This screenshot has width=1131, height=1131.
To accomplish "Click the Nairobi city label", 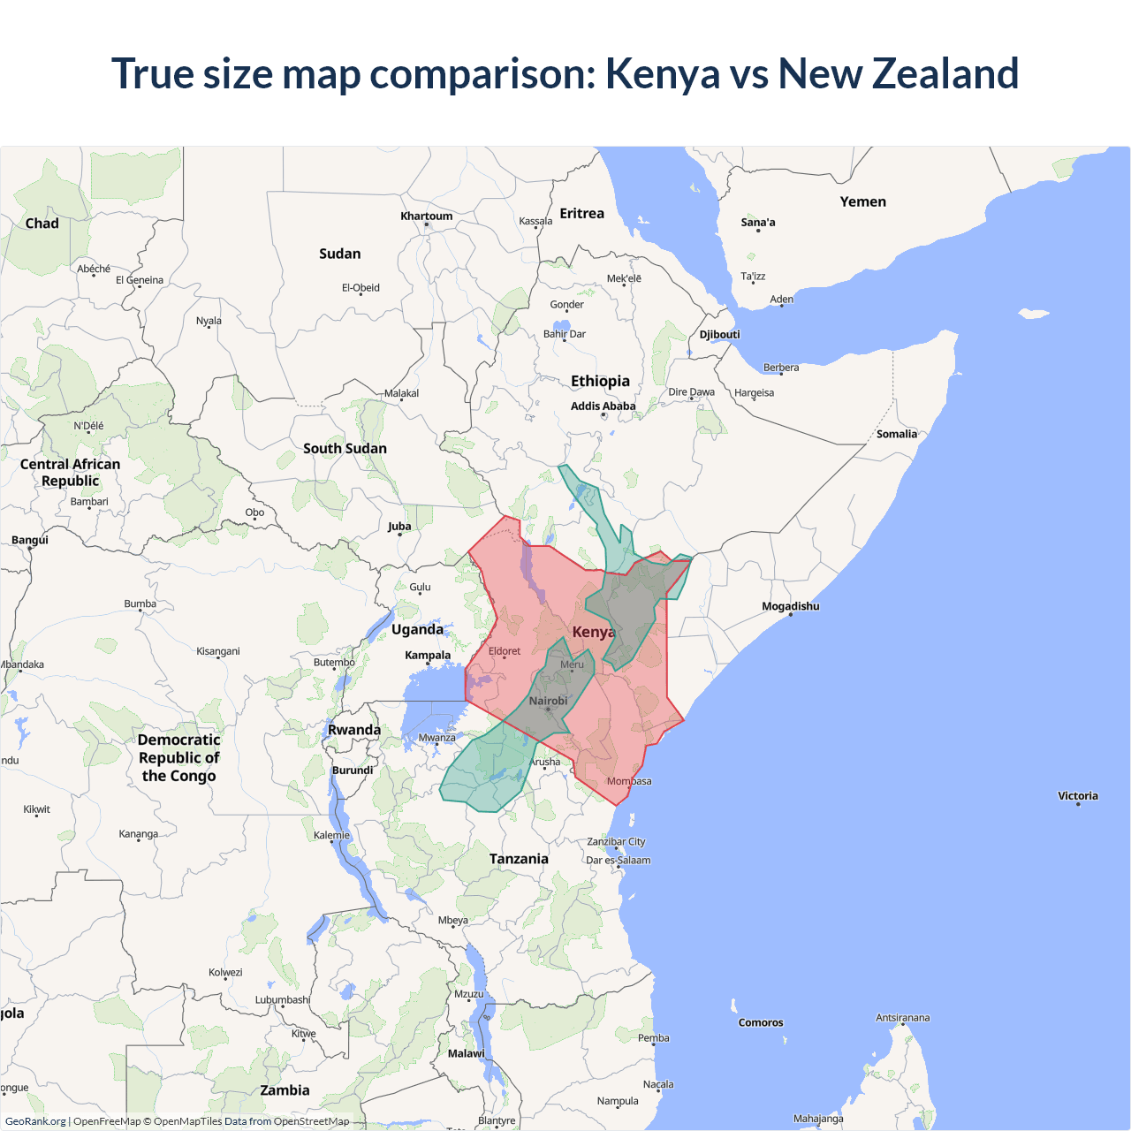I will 548,701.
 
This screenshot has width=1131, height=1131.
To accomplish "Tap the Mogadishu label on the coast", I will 790,606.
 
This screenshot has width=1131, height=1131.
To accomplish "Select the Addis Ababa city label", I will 603,406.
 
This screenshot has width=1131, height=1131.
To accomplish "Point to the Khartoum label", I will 426,216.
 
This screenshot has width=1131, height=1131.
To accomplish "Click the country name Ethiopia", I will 600,381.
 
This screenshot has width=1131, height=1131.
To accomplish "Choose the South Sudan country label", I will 345,448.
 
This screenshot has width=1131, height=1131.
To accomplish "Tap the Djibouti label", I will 719,335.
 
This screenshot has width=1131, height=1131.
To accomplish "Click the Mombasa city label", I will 629,781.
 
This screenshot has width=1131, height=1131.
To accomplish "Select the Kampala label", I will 428,656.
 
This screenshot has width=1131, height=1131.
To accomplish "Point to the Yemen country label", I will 862,201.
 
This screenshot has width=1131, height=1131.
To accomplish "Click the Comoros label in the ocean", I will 761,1022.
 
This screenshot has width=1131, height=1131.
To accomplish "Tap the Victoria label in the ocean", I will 1077,796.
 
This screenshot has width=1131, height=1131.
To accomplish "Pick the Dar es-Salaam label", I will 618,860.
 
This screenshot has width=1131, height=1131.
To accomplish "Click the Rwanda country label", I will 353,730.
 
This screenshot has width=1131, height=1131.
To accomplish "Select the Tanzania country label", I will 519,859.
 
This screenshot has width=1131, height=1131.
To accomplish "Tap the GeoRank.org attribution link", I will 35,1121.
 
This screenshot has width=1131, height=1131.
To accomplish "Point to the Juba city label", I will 399,527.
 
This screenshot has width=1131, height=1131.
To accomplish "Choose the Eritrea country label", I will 581,214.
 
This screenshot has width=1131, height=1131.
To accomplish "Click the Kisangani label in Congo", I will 217,651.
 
